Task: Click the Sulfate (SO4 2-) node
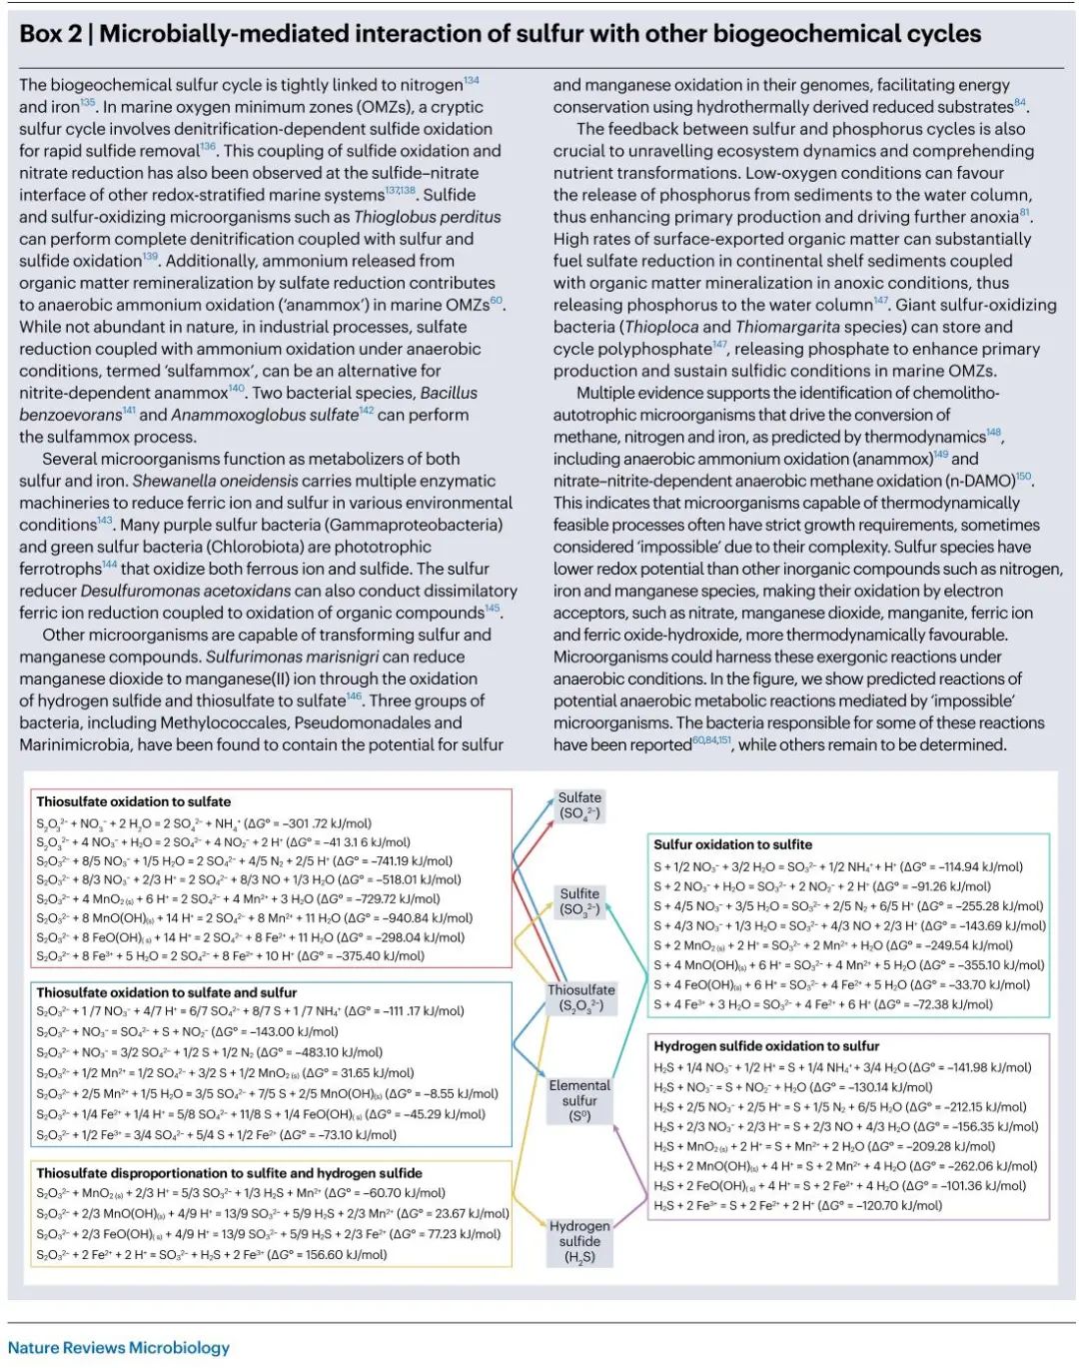579,805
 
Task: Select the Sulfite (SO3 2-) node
579,901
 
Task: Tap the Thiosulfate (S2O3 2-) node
580,997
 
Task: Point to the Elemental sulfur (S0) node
579,1100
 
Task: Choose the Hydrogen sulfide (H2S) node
579,1241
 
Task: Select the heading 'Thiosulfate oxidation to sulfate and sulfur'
167,992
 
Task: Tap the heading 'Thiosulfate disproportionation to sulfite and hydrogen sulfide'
229,1173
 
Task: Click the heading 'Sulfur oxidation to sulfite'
732,844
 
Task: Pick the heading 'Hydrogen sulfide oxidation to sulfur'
766,1045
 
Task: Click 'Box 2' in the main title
51,34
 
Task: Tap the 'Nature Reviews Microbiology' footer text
119,1347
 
